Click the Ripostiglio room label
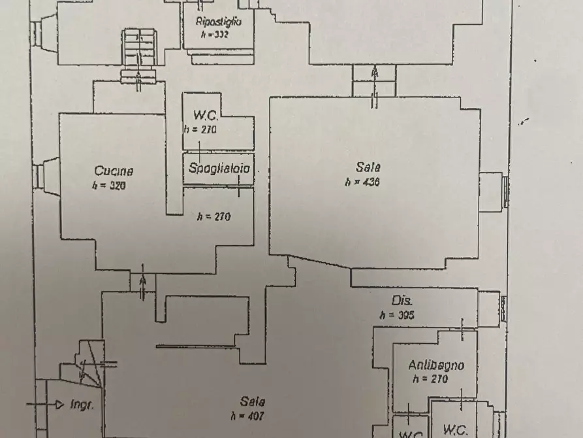tap(219, 22)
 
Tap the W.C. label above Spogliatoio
tap(200, 114)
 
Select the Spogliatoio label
tap(219, 168)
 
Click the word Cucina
tap(114, 171)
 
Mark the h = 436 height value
tap(362, 182)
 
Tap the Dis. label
tap(400, 301)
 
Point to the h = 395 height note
tap(397, 315)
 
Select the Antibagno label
tap(436, 365)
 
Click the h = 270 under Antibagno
tap(430, 379)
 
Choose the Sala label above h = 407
tap(253, 402)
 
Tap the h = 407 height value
tap(247, 416)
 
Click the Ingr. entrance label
tap(82, 405)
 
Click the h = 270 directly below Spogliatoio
tap(214, 216)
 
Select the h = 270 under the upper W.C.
tap(200, 129)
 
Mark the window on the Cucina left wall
tap(40, 176)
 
